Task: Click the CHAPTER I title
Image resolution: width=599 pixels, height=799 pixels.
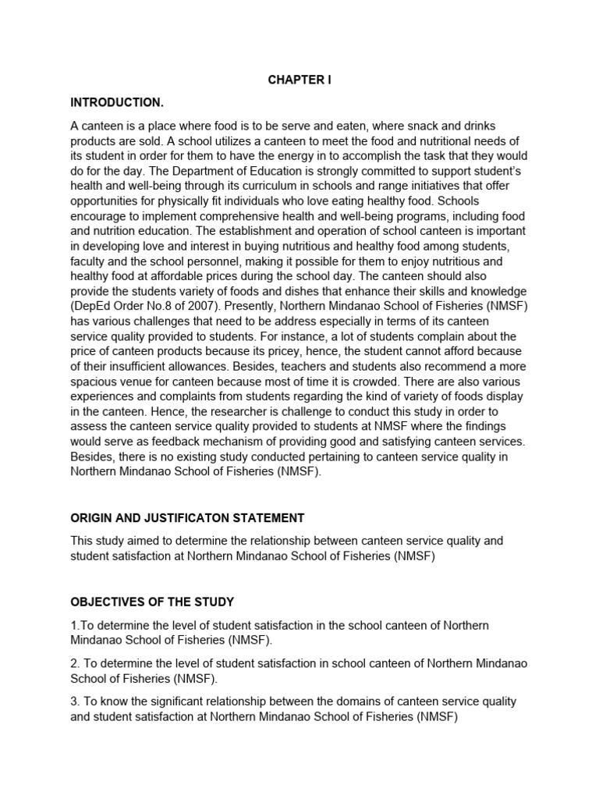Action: tap(299, 80)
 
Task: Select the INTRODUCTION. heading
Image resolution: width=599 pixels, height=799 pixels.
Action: tap(117, 102)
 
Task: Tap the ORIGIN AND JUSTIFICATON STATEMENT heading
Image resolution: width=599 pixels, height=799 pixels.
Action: tap(187, 518)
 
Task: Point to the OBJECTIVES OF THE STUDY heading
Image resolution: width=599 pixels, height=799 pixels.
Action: tap(152, 602)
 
